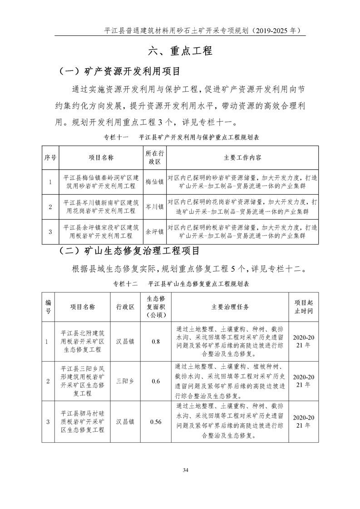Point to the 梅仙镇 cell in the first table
coord(154,182)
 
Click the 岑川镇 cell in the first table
coord(154,206)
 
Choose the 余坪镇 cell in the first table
coord(154,231)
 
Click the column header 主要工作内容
coord(242,157)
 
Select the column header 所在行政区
coord(154,157)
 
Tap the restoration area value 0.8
coord(156,341)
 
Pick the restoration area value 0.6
coord(156,381)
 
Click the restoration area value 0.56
coord(156,421)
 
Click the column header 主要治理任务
coord(230,307)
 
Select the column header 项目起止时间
coord(303,307)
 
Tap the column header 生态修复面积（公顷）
coord(156,307)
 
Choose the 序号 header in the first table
coord(50,157)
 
